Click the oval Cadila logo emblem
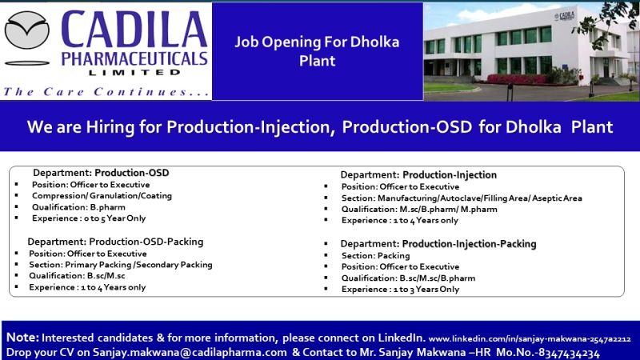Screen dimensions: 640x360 pyautogui.click(x=27, y=30)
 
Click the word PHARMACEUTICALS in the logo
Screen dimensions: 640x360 pyautogui.click(x=134, y=58)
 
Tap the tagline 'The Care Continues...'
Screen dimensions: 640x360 pyautogui.click(x=106, y=91)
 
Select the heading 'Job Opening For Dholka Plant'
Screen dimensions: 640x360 pyautogui.click(x=317, y=51)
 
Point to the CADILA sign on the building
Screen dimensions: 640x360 pyautogui.click(x=565, y=16)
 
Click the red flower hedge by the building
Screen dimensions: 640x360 pyautogui.click(x=518, y=79)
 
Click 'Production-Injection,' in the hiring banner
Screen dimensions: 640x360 pyautogui.click(x=250, y=127)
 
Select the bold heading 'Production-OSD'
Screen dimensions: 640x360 pyautogui.click(x=132, y=173)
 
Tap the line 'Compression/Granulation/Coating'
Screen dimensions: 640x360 pyautogui.click(x=102, y=195)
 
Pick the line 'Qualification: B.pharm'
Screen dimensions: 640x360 pyautogui.click(x=78, y=207)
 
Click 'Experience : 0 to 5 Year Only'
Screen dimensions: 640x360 pyautogui.click(x=89, y=218)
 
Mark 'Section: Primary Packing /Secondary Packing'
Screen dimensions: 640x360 pyautogui.click(x=121, y=265)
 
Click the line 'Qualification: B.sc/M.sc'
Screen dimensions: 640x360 pyautogui.click(x=77, y=275)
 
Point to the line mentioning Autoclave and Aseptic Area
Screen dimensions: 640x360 pyautogui.click(x=462, y=198)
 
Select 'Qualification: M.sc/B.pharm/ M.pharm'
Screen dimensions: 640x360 pyautogui.click(x=419, y=209)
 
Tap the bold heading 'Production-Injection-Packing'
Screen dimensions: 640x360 pyautogui.click(x=469, y=244)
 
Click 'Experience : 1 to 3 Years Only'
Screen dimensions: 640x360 pyautogui.click(x=400, y=289)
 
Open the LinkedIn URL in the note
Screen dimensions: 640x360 pyautogui.click(x=530, y=338)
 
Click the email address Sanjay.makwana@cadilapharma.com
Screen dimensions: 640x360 pyautogui.click(x=190, y=352)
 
